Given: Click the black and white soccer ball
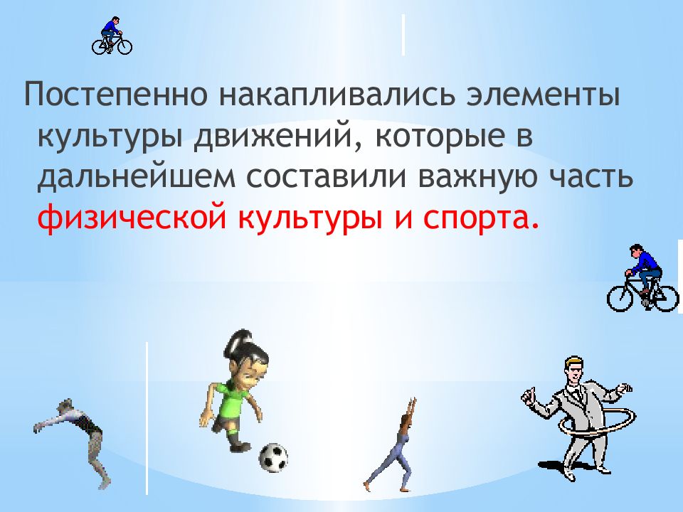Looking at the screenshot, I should pyautogui.click(x=272, y=457).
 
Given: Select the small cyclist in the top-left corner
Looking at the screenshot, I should pyautogui.click(x=111, y=37).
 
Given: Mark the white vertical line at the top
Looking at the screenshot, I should pyautogui.click(x=403, y=33).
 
